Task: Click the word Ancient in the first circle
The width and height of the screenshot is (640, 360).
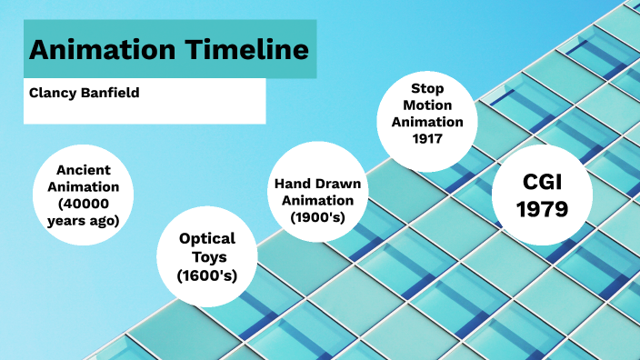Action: click(x=83, y=170)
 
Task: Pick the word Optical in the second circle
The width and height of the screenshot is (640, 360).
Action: click(x=207, y=238)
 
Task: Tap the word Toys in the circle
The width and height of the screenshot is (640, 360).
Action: click(x=207, y=256)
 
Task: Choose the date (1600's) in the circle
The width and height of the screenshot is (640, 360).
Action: click(x=207, y=275)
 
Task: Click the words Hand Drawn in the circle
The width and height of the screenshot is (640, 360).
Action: click(x=317, y=185)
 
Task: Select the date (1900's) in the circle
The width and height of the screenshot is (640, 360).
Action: click(x=317, y=217)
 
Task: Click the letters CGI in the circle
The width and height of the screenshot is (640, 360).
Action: click(x=542, y=181)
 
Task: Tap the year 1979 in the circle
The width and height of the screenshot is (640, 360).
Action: click(x=542, y=209)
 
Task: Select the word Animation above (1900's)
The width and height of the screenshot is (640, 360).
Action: click(x=317, y=201)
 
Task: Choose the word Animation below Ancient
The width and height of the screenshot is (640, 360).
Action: click(x=83, y=186)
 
